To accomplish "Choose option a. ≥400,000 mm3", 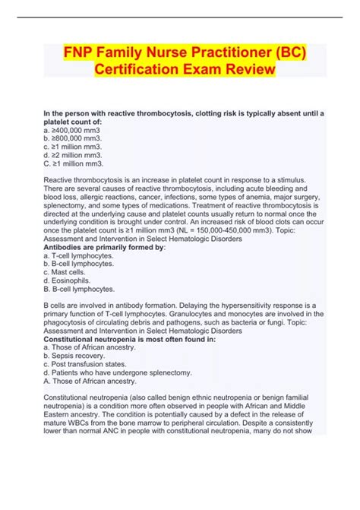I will tap(74, 130).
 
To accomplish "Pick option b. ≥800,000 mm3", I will tap(74, 138).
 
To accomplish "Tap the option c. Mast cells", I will tap(68, 272).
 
